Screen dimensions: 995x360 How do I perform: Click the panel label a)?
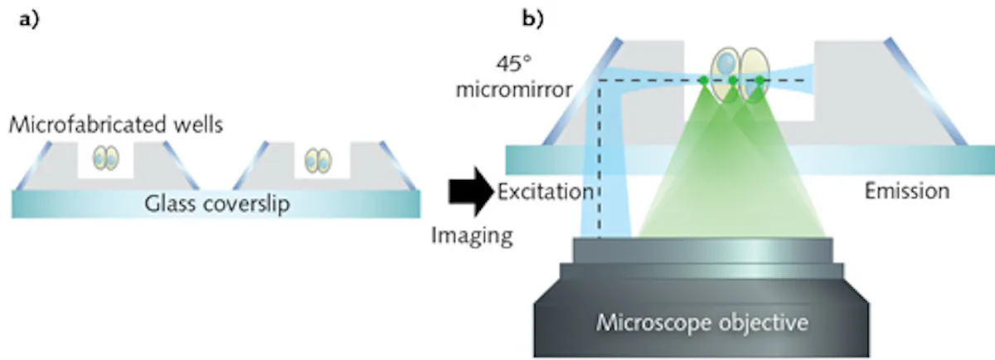[29, 20]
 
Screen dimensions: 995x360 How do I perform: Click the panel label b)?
[532, 19]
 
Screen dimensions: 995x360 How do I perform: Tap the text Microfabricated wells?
[116, 125]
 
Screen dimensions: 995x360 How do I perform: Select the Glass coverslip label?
[216, 204]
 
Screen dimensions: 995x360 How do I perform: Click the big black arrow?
[471, 192]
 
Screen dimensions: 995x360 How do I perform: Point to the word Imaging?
[472, 236]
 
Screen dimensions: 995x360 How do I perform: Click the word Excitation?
[546, 192]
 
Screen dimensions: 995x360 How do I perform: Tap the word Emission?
[907, 191]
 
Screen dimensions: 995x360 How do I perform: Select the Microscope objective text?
[701, 322]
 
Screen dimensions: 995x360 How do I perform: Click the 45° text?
[514, 64]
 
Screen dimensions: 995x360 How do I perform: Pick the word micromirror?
[514, 90]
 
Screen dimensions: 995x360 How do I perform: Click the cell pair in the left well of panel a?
[106, 158]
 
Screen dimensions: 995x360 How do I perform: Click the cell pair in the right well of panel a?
[318, 161]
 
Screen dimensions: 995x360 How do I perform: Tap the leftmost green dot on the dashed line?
[704, 80]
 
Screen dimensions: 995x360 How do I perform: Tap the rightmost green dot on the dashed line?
[760, 80]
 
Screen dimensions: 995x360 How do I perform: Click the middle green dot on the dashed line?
[733, 80]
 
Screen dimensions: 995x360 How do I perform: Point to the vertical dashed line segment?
[599, 159]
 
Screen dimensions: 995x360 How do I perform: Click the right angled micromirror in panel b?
[925, 91]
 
